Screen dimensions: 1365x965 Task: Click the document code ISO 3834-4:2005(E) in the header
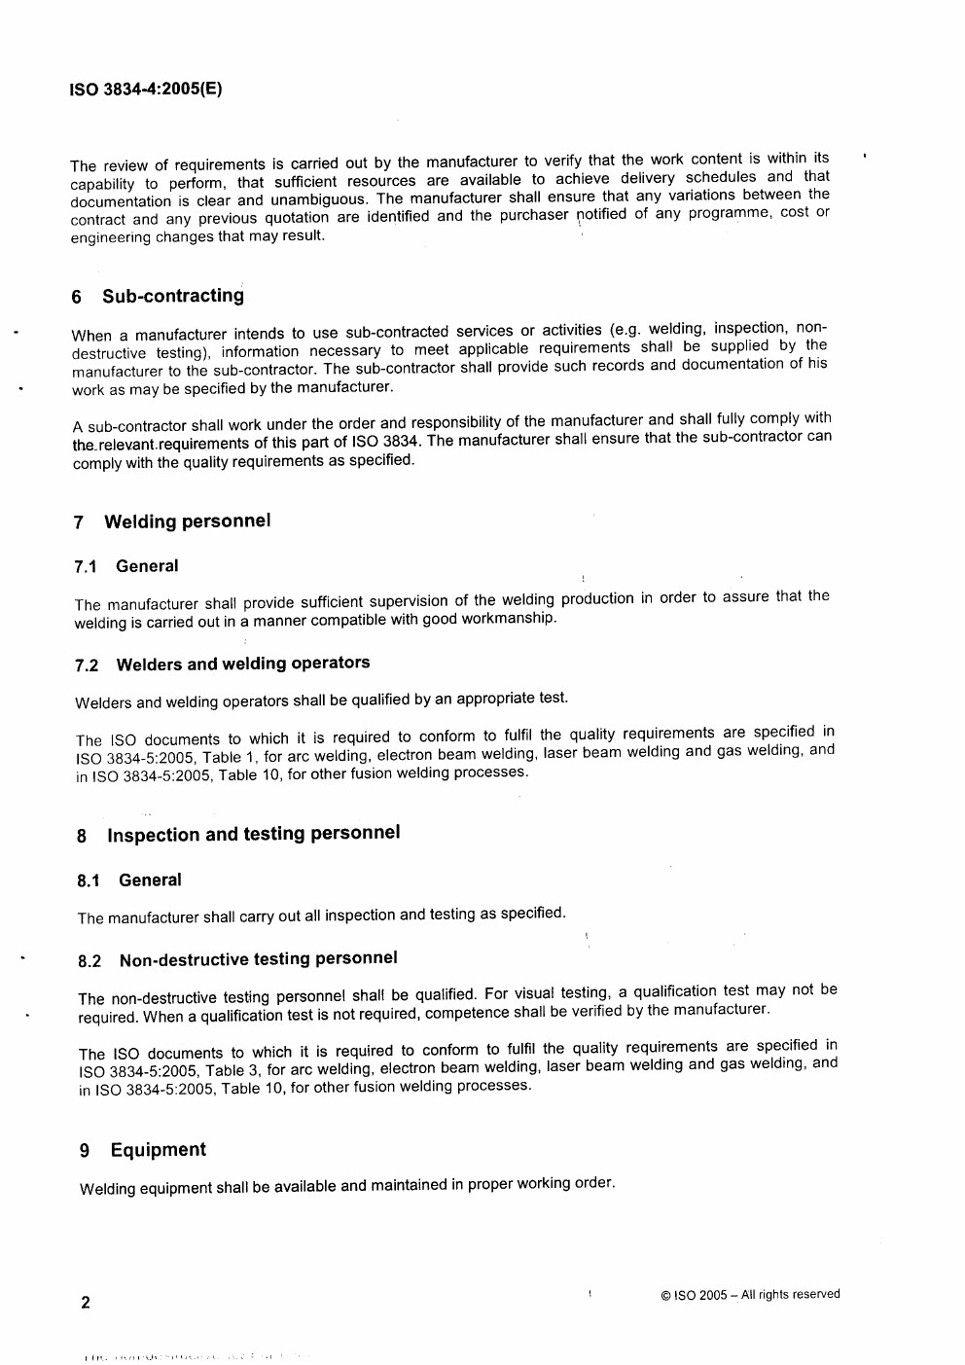(x=146, y=90)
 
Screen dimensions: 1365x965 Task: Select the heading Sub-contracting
(x=173, y=296)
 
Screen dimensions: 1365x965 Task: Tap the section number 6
(x=77, y=298)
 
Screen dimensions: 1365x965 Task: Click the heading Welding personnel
(x=187, y=521)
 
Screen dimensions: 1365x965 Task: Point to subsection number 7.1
(x=87, y=567)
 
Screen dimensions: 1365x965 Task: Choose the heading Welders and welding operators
(x=242, y=664)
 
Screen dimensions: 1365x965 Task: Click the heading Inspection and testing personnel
(x=253, y=834)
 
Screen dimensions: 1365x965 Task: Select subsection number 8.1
(x=89, y=881)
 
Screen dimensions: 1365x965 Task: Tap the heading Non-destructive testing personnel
(x=258, y=958)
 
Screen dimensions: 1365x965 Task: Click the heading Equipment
(x=158, y=1150)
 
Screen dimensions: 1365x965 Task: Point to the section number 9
(x=85, y=1152)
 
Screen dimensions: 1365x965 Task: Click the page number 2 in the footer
(x=86, y=1303)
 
